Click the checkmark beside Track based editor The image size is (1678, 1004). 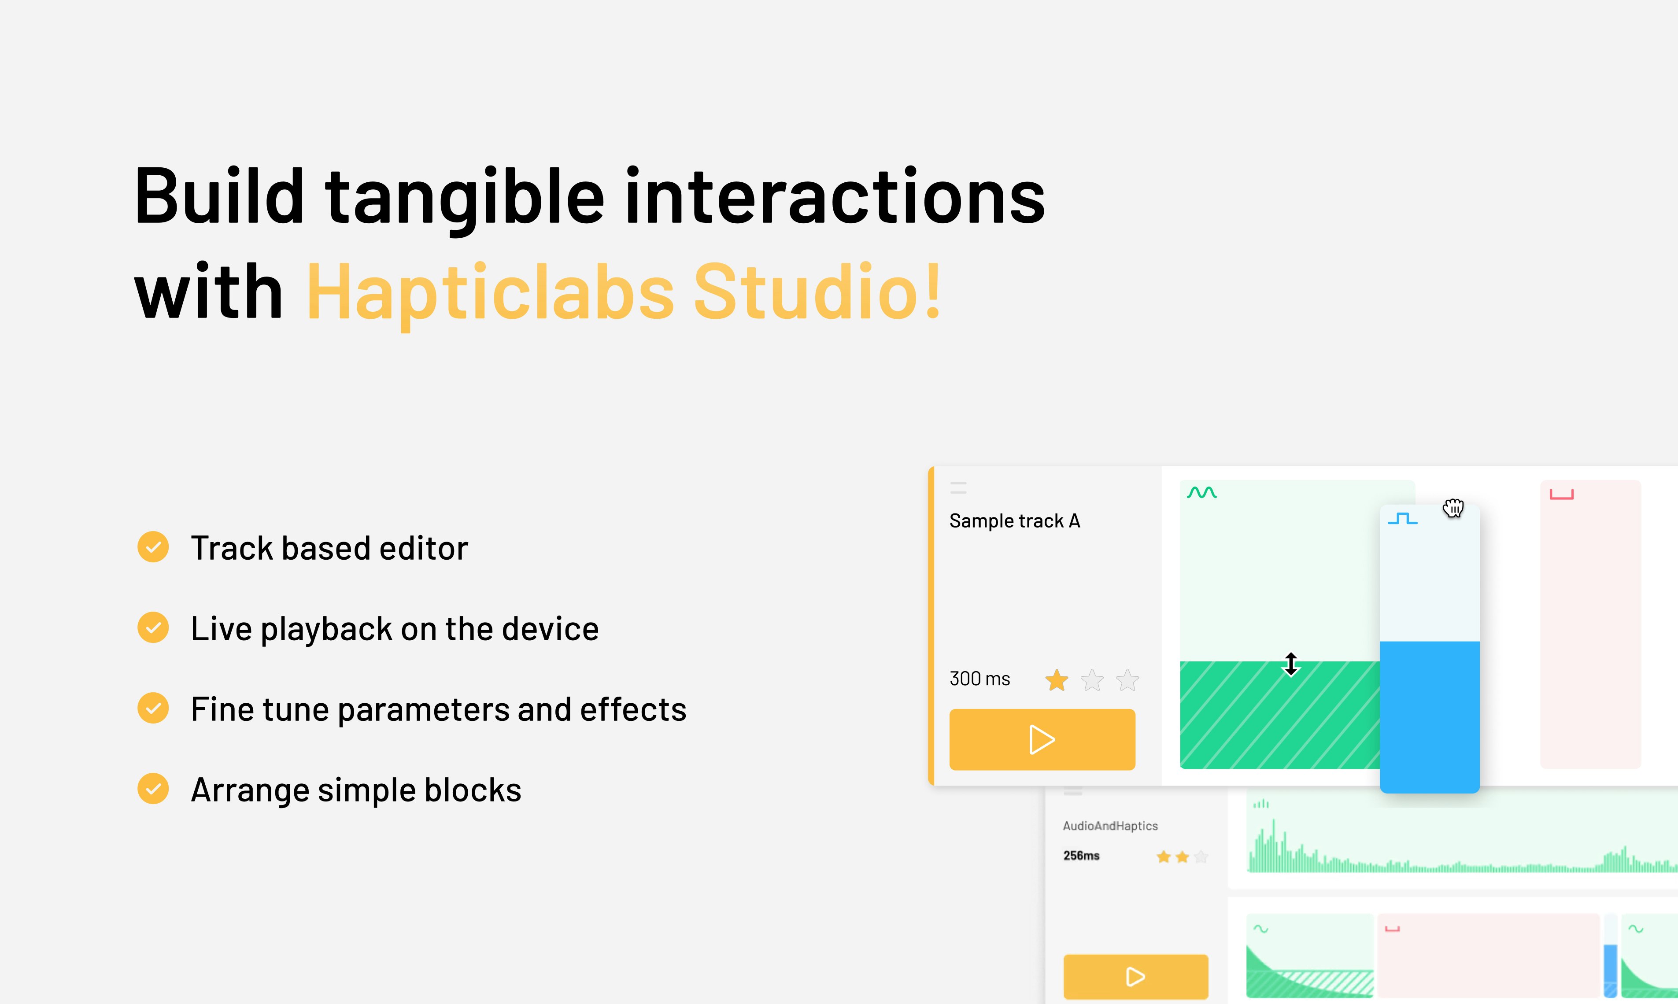pos(154,546)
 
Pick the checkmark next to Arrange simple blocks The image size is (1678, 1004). pos(154,789)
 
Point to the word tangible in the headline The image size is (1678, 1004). pos(465,198)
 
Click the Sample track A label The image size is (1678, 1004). pos(1015,521)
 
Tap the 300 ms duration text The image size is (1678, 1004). pos(980,679)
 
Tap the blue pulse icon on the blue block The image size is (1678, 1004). pos(1403,519)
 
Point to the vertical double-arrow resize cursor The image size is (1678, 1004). pos(1291,664)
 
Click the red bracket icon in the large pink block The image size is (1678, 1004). pos(1562,495)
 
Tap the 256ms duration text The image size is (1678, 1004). pos(1081,856)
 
